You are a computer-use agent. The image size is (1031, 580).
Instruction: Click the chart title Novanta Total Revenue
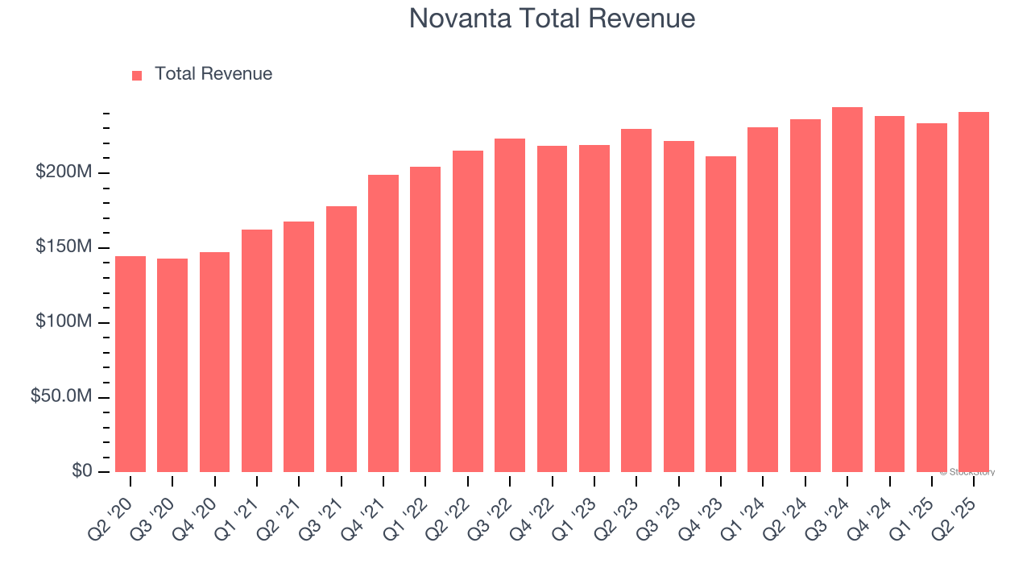click(552, 18)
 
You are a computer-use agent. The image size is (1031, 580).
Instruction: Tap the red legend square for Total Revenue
click(137, 75)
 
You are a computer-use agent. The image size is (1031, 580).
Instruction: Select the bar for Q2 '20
click(130, 364)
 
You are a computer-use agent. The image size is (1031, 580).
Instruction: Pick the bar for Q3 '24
click(847, 290)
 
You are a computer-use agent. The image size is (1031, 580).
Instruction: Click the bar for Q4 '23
click(721, 314)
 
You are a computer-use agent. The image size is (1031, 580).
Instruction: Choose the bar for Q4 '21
click(383, 324)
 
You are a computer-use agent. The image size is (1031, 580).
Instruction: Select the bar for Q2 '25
click(974, 292)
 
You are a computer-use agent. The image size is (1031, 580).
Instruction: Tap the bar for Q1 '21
click(257, 351)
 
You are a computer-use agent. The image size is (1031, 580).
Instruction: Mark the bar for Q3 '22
click(510, 305)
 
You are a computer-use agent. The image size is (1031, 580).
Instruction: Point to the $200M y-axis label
click(64, 172)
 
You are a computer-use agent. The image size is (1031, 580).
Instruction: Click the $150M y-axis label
click(64, 247)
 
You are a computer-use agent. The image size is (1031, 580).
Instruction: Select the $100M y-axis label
click(64, 322)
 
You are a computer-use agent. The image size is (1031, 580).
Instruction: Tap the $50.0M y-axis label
click(60, 397)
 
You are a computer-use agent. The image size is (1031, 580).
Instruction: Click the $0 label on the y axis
click(81, 471)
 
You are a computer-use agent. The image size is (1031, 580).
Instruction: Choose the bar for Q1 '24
click(763, 300)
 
